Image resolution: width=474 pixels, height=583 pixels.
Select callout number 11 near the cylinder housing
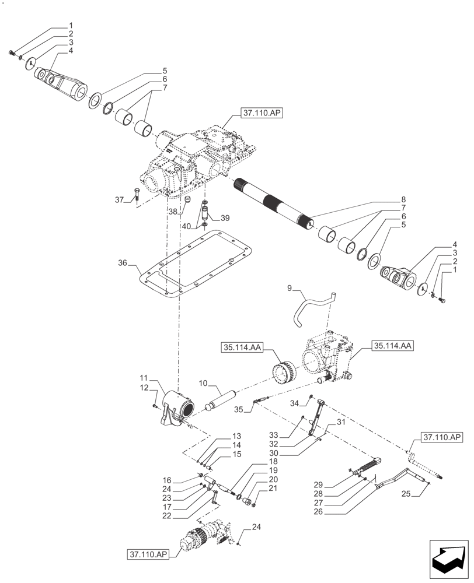(x=144, y=378)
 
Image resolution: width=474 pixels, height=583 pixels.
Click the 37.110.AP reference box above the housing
(x=260, y=114)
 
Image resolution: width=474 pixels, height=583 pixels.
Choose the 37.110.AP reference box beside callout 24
(x=146, y=554)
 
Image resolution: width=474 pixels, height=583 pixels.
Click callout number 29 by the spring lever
(x=318, y=485)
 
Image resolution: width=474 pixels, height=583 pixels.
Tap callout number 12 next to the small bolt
(x=144, y=388)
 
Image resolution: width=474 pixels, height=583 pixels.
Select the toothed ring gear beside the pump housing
(x=286, y=373)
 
